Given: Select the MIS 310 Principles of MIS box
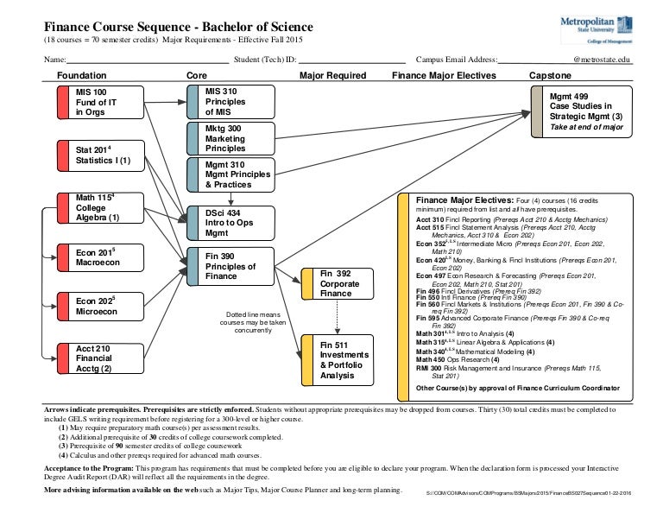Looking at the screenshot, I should pos(230,102).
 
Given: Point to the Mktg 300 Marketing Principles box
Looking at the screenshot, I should pos(230,138).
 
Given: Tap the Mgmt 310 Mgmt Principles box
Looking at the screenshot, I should pos(230,174).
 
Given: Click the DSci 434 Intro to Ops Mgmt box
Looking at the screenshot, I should pos(230,223).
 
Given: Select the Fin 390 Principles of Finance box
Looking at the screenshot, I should pos(230,266).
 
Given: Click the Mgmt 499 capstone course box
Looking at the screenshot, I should pos(579,111).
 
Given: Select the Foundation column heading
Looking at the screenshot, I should pos(82,76).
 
